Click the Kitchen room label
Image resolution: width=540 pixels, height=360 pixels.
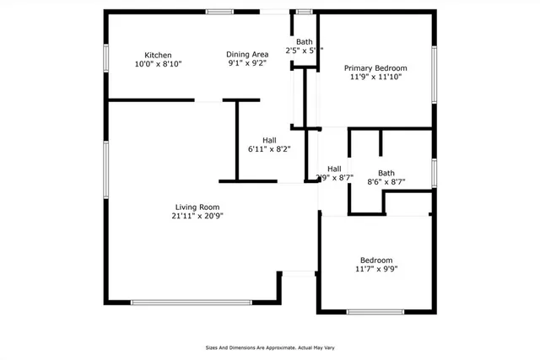click(x=158, y=54)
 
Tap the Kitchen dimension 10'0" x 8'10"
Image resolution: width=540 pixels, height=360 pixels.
click(x=158, y=64)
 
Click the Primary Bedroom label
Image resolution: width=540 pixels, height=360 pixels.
click(x=375, y=67)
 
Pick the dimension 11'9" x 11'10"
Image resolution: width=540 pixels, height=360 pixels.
click(x=375, y=78)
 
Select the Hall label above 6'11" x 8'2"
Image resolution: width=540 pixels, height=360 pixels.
click(x=269, y=140)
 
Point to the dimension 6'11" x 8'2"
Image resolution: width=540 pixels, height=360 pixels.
click(x=269, y=149)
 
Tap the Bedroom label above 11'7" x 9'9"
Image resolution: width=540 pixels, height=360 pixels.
click(x=375, y=261)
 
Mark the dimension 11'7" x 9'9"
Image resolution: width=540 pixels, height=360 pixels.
click(x=375, y=270)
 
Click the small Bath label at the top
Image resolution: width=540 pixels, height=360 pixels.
click(x=304, y=42)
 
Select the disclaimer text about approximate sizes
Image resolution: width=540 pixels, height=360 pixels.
click(x=270, y=347)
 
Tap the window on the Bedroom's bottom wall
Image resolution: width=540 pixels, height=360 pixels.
click(x=375, y=312)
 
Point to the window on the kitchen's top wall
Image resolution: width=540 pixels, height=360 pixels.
click(x=220, y=12)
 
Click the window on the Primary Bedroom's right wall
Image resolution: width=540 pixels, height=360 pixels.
click(x=434, y=72)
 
